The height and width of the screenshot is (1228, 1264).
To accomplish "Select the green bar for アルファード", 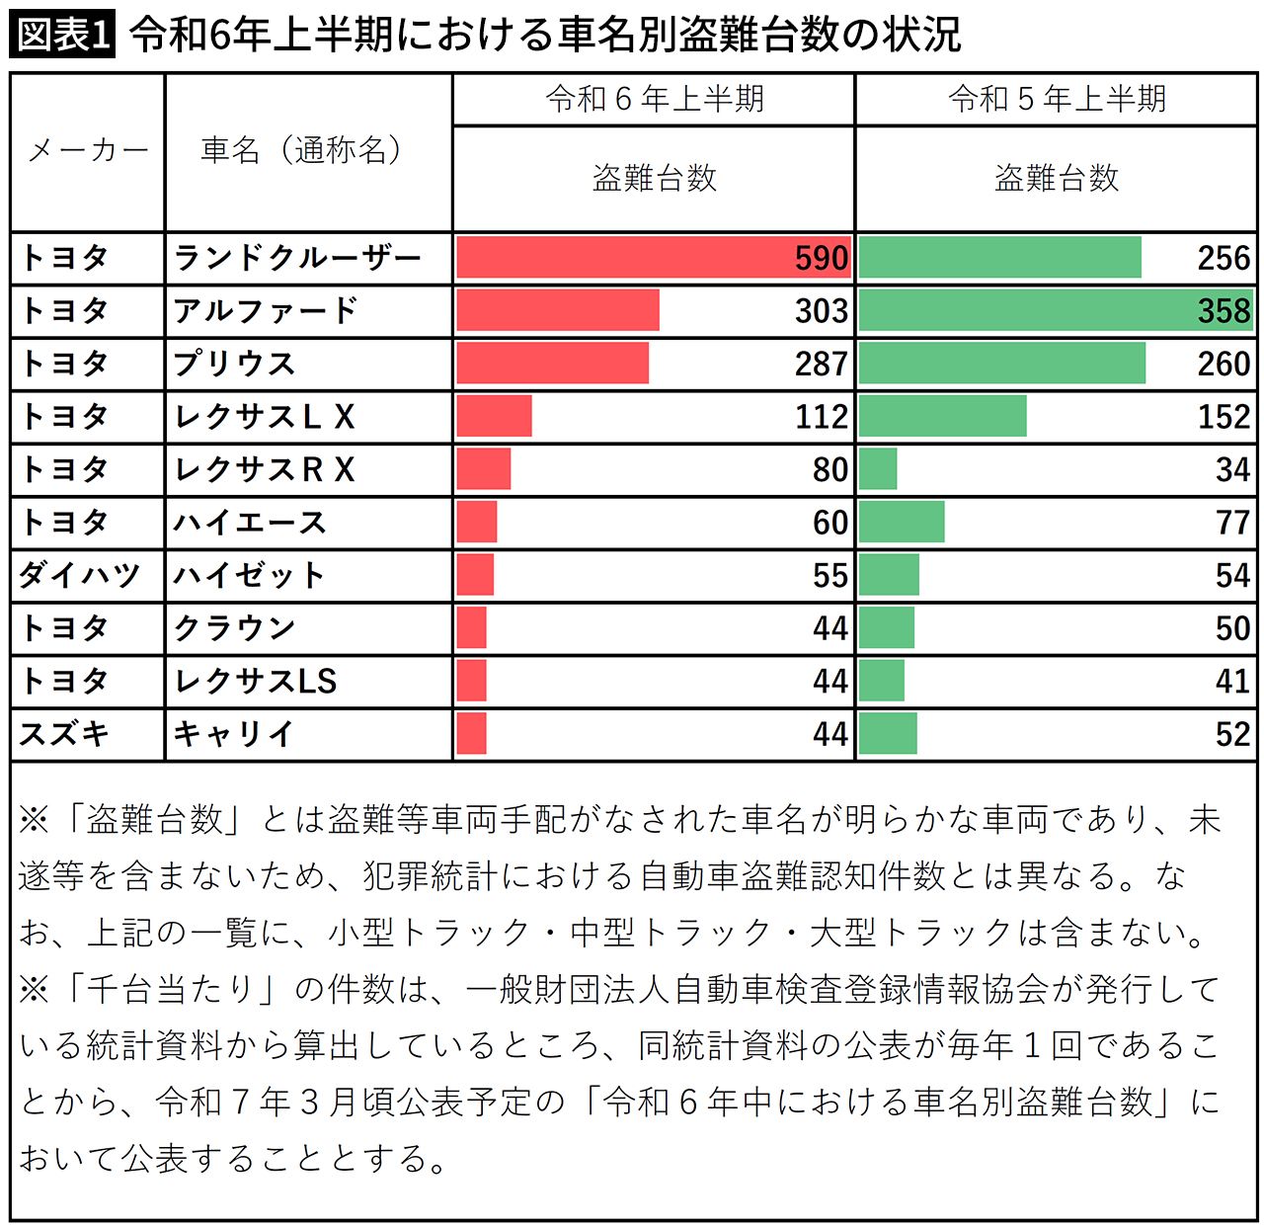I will coord(1055,310).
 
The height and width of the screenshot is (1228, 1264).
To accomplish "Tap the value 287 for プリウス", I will coord(821,364).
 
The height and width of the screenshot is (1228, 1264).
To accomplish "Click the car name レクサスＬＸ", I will coord(264,417).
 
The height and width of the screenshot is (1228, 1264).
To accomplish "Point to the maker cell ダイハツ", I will coord(79,575).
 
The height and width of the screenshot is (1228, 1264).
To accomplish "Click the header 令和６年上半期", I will coord(654,99).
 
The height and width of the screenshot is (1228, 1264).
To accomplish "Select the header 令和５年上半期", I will coord(1057,99).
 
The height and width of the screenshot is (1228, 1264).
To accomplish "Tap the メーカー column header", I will coord(87,151).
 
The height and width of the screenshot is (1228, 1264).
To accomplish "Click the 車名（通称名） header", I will coord(302,150).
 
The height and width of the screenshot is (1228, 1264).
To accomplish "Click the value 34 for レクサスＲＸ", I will coord(1232,469).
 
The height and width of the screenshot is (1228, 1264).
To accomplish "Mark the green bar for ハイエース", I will coord(901,522).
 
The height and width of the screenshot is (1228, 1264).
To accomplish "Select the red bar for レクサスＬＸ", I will coord(494,416).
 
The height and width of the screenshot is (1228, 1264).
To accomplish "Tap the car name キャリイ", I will coord(234,734).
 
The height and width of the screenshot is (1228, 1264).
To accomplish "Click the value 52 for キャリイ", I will coord(1232,734).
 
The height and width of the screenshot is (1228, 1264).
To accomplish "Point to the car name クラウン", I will coord(234,628).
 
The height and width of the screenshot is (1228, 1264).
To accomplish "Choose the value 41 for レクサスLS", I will coord(1232,681).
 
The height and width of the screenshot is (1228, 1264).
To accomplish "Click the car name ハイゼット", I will coord(249,575).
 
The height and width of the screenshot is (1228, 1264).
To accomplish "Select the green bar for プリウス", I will coord(1001,364).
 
